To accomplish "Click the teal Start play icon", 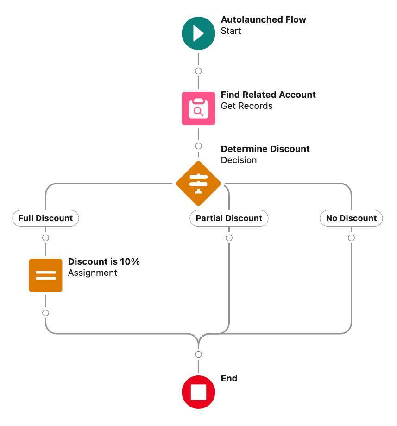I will (x=198, y=33).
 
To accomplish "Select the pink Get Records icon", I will (x=198, y=108).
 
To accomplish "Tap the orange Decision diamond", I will (x=198, y=184).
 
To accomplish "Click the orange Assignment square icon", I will (x=45, y=275).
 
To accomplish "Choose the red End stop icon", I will (x=198, y=392).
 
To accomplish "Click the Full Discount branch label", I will (x=45, y=218).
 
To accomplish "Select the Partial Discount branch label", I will (x=229, y=218).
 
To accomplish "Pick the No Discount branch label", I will (x=351, y=218).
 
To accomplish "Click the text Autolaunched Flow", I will (x=263, y=20).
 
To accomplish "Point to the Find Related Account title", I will (x=268, y=95).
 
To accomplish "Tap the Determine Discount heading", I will (x=265, y=149).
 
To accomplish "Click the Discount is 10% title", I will (x=104, y=262).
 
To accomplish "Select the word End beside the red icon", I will (x=229, y=379).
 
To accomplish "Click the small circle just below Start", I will (x=198, y=71).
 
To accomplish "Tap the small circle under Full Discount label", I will (x=45, y=238).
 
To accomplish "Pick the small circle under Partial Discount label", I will (x=229, y=238).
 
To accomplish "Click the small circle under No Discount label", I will (x=351, y=238).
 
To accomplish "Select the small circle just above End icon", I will (x=198, y=355).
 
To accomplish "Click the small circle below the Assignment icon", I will (x=45, y=313).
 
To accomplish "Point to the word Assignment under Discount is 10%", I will (x=93, y=273).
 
